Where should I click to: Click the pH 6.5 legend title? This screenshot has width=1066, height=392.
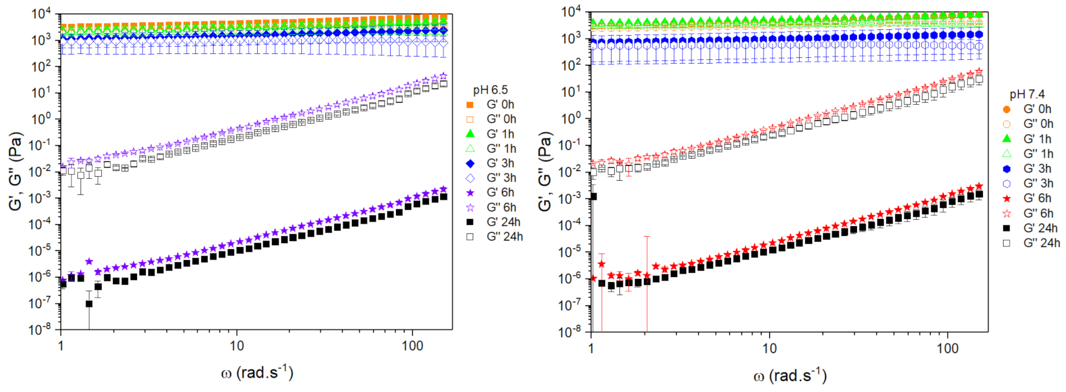tap(490, 90)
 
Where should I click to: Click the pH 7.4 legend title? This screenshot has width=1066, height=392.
tap(1027, 94)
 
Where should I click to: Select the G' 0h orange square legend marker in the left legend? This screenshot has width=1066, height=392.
tap(471, 105)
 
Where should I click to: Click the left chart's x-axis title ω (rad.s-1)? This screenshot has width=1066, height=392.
tap(256, 372)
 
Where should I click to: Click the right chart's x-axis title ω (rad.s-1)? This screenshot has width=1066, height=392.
tap(790, 375)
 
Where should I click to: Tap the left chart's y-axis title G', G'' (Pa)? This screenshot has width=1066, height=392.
tap(16, 171)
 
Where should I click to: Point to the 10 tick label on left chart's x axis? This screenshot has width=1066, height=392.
tap(236, 346)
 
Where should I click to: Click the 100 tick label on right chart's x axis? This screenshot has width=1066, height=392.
tap(947, 348)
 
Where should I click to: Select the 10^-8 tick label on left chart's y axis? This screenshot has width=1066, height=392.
tap(40, 330)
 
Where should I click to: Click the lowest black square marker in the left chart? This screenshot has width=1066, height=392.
tap(89, 304)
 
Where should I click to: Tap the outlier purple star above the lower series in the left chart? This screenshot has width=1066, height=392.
tap(89, 262)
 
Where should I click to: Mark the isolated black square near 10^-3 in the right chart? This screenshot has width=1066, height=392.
tap(593, 196)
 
